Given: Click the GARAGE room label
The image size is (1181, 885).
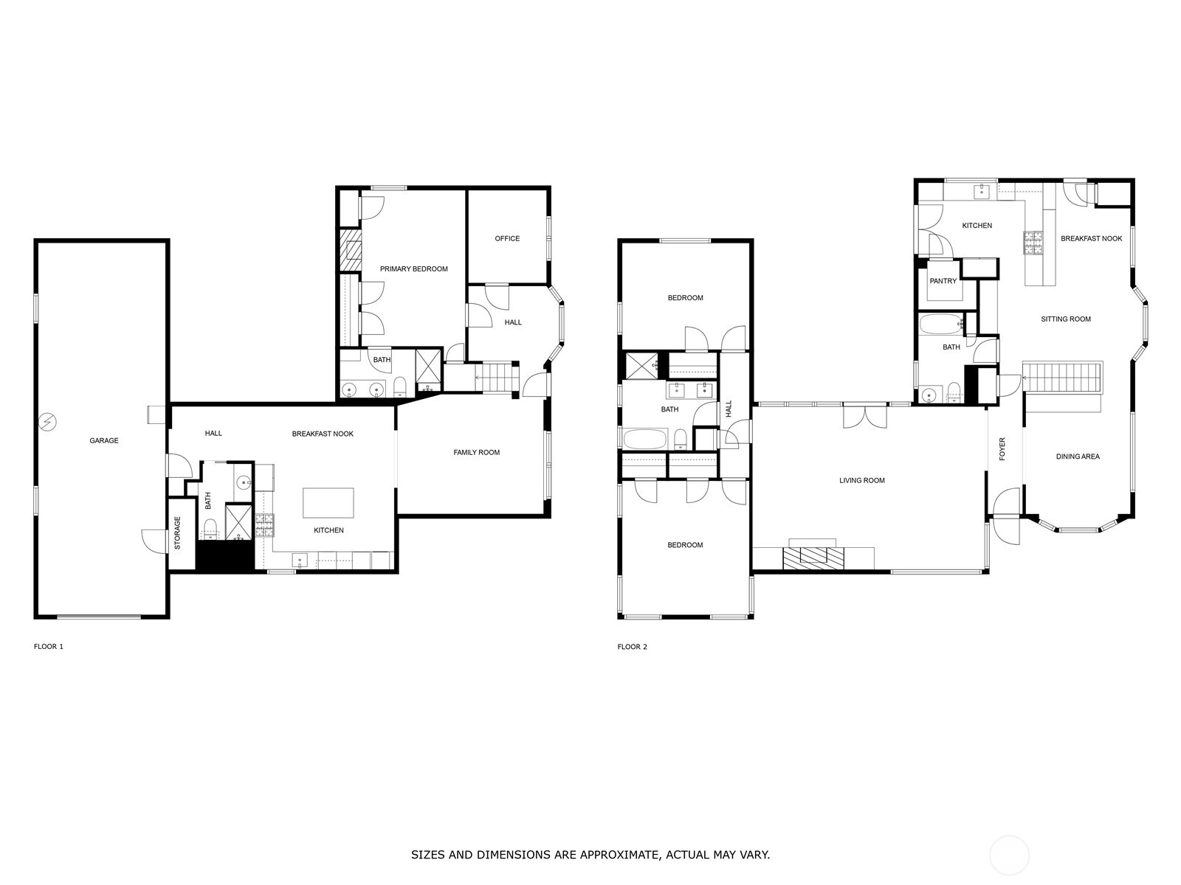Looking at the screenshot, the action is click(x=104, y=440).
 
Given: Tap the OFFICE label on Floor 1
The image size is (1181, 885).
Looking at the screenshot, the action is click(x=507, y=238).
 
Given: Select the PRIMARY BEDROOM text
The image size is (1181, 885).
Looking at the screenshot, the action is click(x=414, y=269).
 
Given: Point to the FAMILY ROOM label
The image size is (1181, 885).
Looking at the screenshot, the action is click(x=477, y=452).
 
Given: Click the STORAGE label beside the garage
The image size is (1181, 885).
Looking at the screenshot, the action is click(x=178, y=533).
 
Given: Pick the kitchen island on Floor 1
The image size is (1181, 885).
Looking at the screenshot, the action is click(x=328, y=503).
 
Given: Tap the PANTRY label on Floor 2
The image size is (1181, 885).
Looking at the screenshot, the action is click(x=943, y=281).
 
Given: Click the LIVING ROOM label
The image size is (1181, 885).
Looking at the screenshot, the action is click(x=862, y=480).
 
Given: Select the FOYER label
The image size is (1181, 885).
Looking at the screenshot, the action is click(x=1002, y=448).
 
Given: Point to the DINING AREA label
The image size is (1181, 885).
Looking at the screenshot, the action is click(x=1078, y=457).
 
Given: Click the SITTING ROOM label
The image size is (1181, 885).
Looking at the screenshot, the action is click(x=1066, y=319).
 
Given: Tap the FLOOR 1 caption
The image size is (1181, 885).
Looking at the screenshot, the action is click(x=49, y=647).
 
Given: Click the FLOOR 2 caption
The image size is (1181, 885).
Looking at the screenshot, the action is click(x=632, y=647).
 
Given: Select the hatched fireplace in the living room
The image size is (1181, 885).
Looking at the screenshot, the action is click(x=813, y=558).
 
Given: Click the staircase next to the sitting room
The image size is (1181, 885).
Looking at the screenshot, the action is click(x=1060, y=378).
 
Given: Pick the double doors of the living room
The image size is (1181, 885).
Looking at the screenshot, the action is click(x=864, y=416).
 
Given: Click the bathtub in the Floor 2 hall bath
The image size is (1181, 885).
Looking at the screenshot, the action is click(x=646, y=439).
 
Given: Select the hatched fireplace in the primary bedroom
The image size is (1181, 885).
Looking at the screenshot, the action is click(x=352, y=251).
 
